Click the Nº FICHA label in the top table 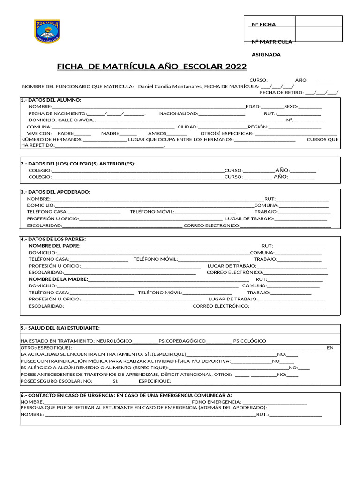click(264, 24)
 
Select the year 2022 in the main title click(236, 67)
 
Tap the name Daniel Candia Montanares click(170, 86)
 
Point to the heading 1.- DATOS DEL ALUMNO click(51, 100)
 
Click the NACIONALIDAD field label click(179, 113)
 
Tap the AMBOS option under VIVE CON click(157, 133)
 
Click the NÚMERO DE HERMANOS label click(52, 140)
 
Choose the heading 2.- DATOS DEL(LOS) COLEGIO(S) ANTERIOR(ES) click(78, 164)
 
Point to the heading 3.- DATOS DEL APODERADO click(55, 192)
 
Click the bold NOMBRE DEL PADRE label click(54, 246)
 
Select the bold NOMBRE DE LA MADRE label click(58, 279)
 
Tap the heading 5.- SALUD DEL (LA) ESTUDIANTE click(60, 328)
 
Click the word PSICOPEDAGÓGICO click(182, 341)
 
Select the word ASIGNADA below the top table click(266, 54)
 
